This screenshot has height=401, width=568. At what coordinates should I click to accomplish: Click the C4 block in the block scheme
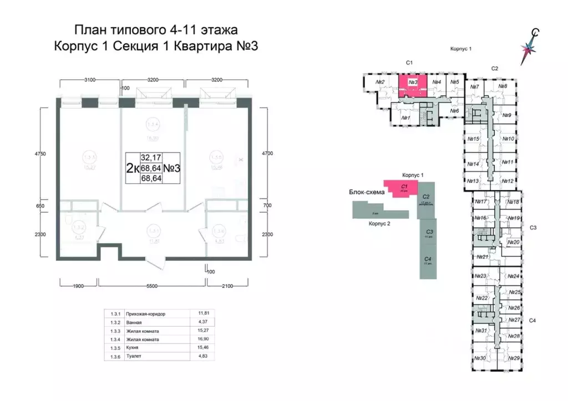(x=427, y=260)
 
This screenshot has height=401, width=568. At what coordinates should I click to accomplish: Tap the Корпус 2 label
(x=380, y=224)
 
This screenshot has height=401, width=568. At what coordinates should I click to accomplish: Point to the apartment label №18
(x=513, y=202)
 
